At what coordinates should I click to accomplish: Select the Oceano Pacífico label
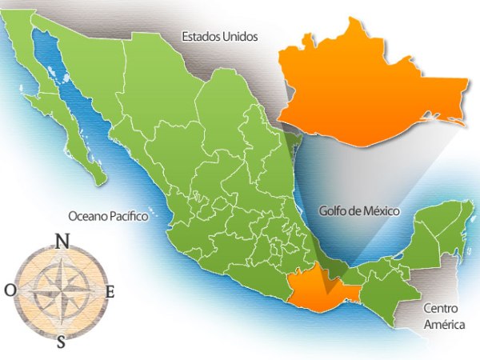pos(109,215)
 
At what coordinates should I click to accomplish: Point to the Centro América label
pos(442,314)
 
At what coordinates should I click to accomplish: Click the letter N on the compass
pos(61,239)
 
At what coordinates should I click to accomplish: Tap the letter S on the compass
pos(62,342)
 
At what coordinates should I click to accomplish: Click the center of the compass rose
pos(61,290)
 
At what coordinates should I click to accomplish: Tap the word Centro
pos(442,306)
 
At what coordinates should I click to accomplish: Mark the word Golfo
pos(331,212)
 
